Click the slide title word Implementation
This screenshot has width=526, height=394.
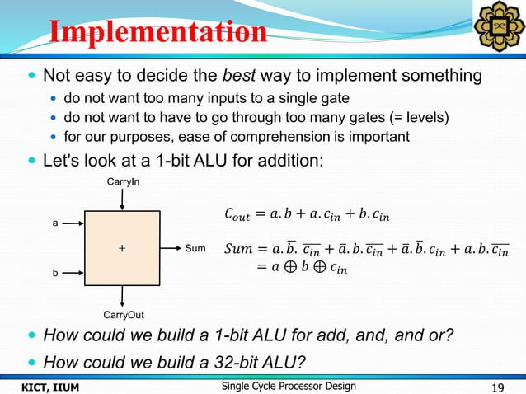(x=157, y=32)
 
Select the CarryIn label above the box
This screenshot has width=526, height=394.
(x=122, y=181)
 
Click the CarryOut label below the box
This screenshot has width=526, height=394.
(x=122, y=314)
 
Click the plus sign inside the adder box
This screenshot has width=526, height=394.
(x=122, y=246)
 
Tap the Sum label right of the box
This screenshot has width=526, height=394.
(x=195, y=246)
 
